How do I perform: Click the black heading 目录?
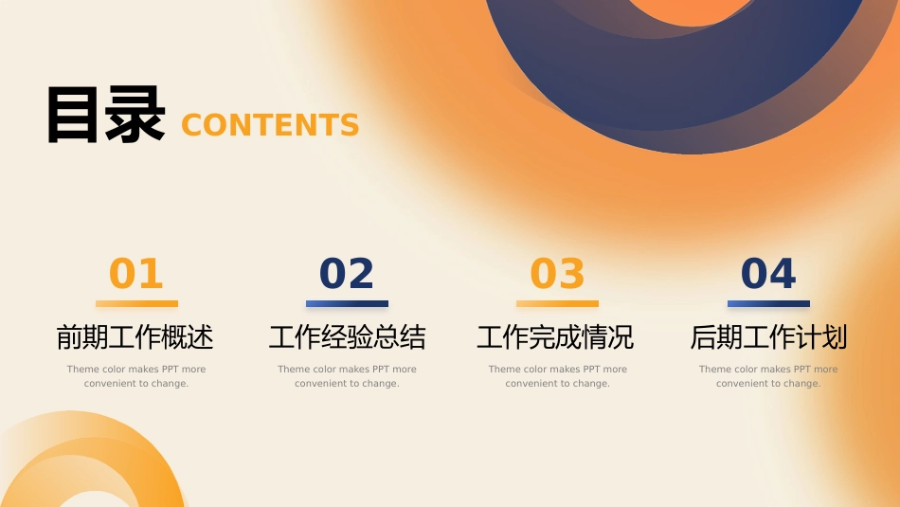[x=106, y=115]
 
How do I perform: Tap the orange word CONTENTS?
[x=270, y=125]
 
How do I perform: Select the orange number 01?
[x=136, y=273]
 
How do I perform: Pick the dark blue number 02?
[x=347, y=273]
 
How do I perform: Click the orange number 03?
[x=557, y=273]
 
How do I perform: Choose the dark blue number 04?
[x=768, y=273]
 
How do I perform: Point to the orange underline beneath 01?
[x=136, y=304]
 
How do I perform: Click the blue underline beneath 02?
[x=347, y=304]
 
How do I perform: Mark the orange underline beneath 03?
[x=557, y=304]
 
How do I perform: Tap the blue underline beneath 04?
[x=768, y=304]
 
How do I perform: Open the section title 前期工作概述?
[x=135, y=337]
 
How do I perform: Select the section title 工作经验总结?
[x=348, y=337]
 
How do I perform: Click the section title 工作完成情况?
[x=555, y=337]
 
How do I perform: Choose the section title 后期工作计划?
[x=768, y=337]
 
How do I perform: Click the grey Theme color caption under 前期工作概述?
[x=136, y=376]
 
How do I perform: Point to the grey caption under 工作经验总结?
[x=348, y=376]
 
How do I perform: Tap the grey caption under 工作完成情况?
[x=558, y=376]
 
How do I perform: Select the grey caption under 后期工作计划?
[x=768, y=376]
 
